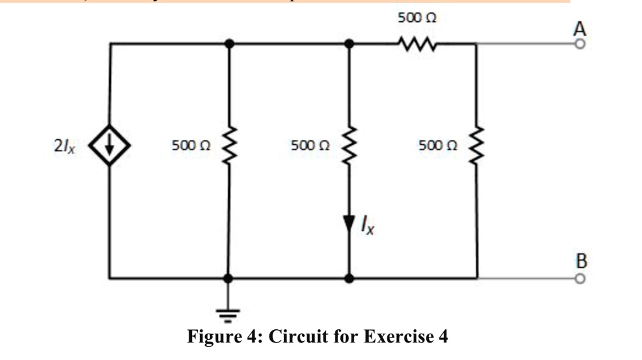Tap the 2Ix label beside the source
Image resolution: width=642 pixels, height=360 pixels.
point(65,147)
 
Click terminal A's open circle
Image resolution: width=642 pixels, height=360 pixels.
point(580,45)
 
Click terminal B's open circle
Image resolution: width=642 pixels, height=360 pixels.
point(580,278)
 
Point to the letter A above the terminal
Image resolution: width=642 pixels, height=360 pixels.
point(580,29)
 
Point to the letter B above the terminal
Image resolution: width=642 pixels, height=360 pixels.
point(581,260)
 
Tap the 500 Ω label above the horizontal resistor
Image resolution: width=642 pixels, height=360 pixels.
point(417,19)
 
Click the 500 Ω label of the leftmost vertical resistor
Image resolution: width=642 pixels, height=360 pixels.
point(191,146)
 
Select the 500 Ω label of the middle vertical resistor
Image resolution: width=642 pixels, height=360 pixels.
point(310,146)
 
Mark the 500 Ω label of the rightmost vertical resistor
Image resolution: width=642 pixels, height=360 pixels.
point(438,146)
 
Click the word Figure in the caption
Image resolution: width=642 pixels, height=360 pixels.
point(215,337)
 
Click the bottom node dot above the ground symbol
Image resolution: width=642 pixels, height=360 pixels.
point(228,278)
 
